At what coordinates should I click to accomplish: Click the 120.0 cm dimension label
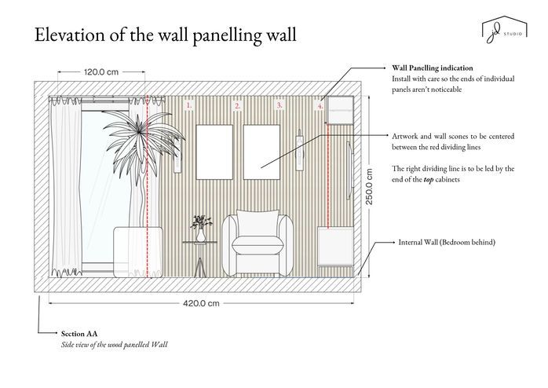click(100, 72)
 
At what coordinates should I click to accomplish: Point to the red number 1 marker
click(188, 104)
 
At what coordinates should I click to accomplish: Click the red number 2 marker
click(238, 104)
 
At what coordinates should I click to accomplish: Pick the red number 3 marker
click(279, 104)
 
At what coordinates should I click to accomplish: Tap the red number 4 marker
click(320, 104)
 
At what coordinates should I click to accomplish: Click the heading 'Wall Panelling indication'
click(432, 68)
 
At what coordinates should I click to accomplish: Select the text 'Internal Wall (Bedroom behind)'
click(447, 243)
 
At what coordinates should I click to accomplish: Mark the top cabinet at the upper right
click(339, 110)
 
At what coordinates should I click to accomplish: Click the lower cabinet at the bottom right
click(336, 247)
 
